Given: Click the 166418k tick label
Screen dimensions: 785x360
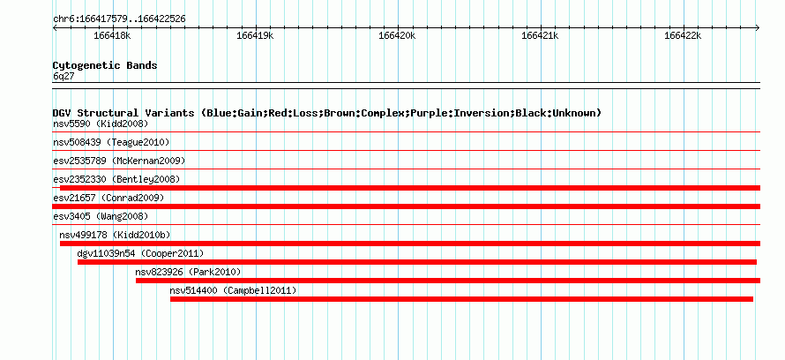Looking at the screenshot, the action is click(x=113, y=35).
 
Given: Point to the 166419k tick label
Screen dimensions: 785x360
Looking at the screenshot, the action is click(x=255, y=35).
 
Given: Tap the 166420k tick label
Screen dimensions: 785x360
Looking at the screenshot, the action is click(x=398, y=35).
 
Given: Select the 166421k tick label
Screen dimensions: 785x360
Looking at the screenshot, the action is click(x=540, y=35).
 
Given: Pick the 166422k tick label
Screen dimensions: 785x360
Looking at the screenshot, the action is click(x=683, y=35).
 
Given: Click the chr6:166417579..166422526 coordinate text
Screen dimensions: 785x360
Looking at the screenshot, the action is click(x=119, y=19).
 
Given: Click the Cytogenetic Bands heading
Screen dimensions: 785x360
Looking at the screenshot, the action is click(x=105, y=65).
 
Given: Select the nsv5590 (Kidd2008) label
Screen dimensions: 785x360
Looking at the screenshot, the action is click(x=101, y=124).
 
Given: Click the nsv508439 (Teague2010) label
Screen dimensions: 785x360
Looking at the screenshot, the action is click(x=111, y=143).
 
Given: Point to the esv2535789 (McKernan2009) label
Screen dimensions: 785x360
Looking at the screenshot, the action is click(x=119, y=161).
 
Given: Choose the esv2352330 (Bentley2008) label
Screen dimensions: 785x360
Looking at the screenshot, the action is click(x=116, y=179).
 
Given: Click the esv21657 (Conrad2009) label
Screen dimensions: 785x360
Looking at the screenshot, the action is click(x=108, y=199).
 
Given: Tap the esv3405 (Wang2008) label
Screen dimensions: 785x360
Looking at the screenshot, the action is click(x=101, y=217).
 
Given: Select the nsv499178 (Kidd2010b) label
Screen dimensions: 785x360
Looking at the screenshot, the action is click(x=116, y=235).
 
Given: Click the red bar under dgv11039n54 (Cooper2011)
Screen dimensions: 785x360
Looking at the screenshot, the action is click(x=417, y=262).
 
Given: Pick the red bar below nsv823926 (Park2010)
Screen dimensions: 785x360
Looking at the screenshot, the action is click(x=448, y=281).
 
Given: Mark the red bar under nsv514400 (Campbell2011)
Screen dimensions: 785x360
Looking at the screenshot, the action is click(x=461, y=299).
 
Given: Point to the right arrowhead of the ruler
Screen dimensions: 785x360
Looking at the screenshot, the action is click(x=758, y=28).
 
